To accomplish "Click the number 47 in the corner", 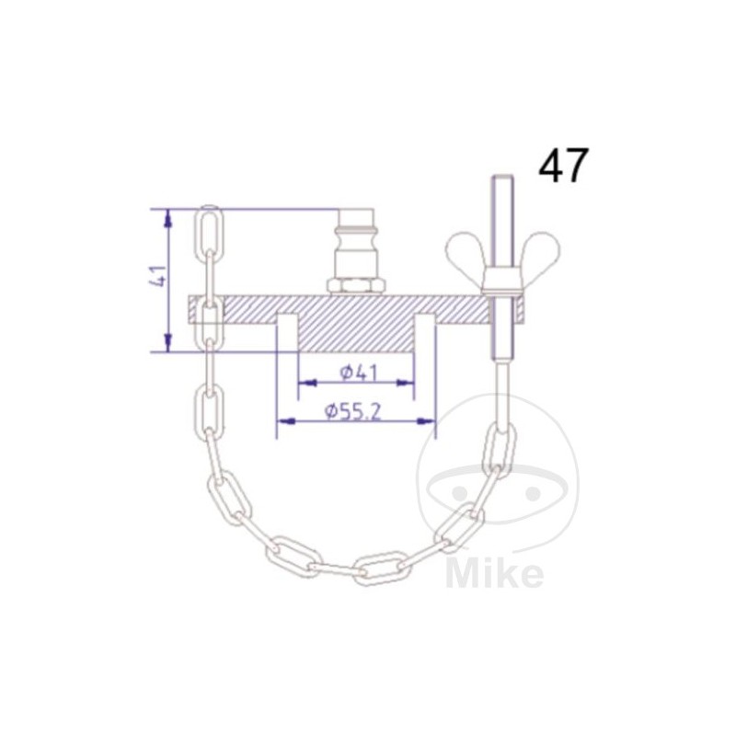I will [x=563, y=166].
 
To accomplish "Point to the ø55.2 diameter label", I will [x=353, y=412].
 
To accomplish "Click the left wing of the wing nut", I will [x=466, y=251].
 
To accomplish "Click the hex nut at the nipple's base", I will [x=356, y=286].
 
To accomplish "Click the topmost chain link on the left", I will [x=209, y=234].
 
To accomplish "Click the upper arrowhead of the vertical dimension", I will [x=167, y=217].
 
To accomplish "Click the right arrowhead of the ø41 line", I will [x=407, y=381].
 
